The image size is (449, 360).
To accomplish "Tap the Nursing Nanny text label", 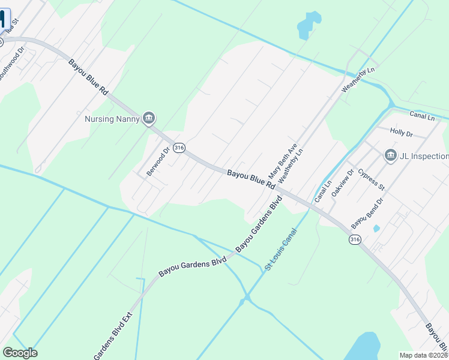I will click(x=112, y=119).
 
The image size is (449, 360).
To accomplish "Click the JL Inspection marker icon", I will click(x=390, y=156).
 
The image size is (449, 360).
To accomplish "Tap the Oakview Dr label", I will click(x=343, y=187).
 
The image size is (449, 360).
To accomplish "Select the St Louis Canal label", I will click(x=281, y=248).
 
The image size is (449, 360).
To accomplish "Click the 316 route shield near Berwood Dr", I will click(x=178, y=147).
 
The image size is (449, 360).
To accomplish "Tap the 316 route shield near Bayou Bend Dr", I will click(x=355, y=239).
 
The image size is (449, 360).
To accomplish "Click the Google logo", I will click(x=20, y=353).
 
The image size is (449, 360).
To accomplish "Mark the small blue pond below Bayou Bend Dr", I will click(x=376, y=229).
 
